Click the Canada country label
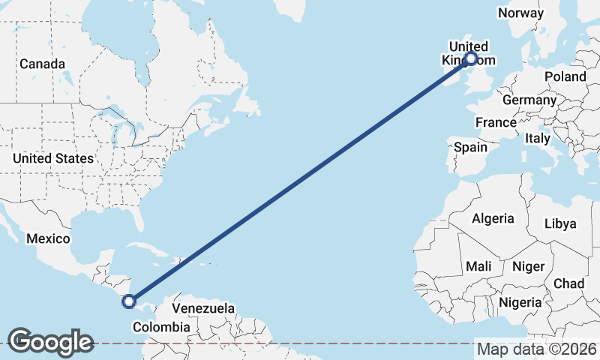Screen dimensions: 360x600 (x=42, y=64)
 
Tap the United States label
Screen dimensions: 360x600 (x=52, y=158)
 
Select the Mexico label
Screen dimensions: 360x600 (x=48, y=238)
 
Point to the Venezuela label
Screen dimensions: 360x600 (x=203, y=308)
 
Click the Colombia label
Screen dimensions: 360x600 (x=160, y=327)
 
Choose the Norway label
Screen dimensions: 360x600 (x=520, y=13)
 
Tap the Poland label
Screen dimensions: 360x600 (x=565, y=76)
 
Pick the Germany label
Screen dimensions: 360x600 (x=529, y=100)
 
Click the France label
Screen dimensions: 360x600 (x=496, y=122)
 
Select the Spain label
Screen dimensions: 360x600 (x=470, y=147)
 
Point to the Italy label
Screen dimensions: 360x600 (x=538, y=138)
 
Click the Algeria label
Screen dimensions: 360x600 (x=493, y=218)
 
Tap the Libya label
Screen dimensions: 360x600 (x=560, y=223)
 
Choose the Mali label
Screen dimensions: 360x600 (x=478, y=265)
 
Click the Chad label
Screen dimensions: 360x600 (x=568, y=283)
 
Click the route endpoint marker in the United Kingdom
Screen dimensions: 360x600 (x=471, y=58)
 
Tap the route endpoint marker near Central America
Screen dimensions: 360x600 (x=129, y=301)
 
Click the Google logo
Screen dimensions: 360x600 (x=51, y=342)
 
